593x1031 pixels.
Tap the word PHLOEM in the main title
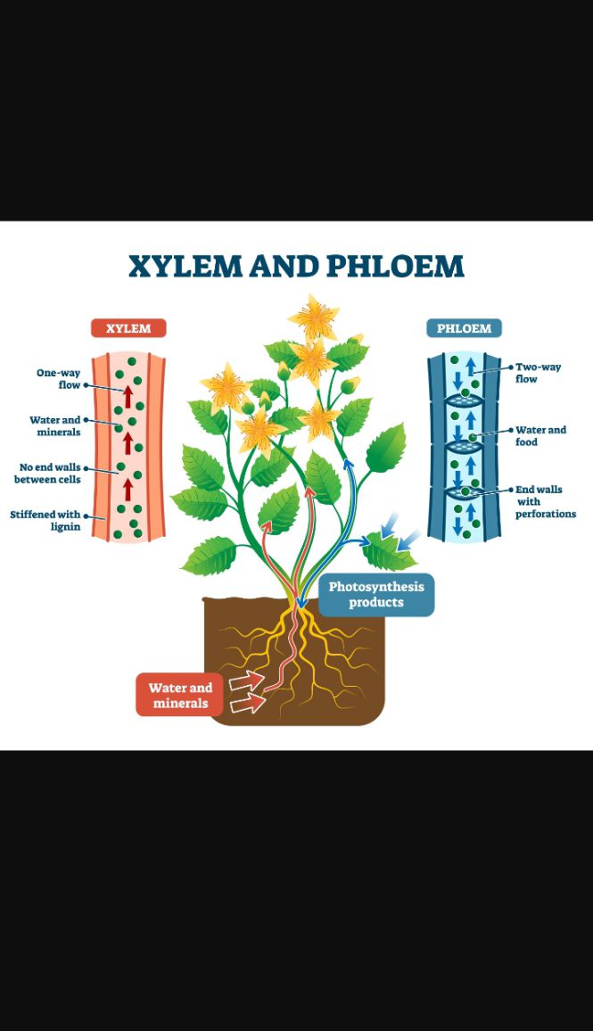(395, 267)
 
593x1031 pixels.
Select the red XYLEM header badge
(128, 328)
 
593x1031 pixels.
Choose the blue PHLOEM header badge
(464, 328)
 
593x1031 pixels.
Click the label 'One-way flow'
(59, 379)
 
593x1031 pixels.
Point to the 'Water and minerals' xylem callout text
(55, 425)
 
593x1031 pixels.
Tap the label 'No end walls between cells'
(48, 473)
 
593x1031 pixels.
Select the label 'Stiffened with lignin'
(45, 520)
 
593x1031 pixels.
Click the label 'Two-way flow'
(538, 373)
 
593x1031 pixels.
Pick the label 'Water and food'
(540, 436)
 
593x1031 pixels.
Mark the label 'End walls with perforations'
(545, 501)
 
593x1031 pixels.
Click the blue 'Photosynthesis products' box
(376, 594)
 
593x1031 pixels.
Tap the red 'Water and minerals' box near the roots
(179, 695)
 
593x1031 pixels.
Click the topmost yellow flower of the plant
(314, 319)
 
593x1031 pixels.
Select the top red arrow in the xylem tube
(128, 397)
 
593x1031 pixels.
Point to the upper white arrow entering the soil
(246, 681)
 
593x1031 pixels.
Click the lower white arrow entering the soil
(248, 705)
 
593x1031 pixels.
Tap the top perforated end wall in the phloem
(464, 400)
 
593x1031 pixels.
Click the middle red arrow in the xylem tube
(128, 442)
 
